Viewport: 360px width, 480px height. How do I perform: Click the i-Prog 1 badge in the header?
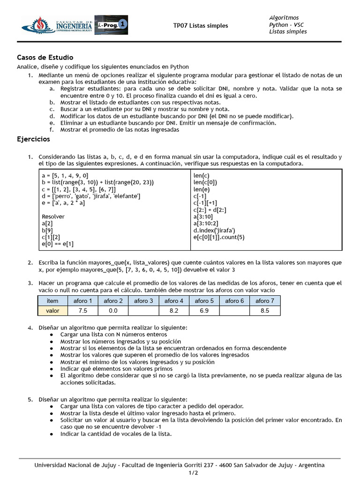coord(111,25)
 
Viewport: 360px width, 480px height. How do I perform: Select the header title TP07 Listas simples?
coord(200,26)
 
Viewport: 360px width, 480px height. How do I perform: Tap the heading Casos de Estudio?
coord(45,58)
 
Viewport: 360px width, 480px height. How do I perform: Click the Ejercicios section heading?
coord(33,139)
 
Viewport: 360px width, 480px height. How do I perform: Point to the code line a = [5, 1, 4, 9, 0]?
coord(65,176)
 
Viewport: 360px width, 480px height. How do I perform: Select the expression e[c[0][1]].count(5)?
coord(219,237)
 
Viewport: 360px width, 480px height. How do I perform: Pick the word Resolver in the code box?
coord(53,217)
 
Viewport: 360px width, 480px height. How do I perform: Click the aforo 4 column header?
coord(174,301)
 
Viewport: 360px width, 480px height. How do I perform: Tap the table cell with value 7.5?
coord(83,311)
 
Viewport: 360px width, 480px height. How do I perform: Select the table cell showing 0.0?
coord(113,311)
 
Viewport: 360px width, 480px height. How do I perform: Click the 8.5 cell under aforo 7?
coord(265,311)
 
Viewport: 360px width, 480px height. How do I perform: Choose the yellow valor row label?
coord(52,311)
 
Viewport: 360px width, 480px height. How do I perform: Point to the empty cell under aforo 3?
coord(143,311)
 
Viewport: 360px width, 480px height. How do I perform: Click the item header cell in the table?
coord(52,301)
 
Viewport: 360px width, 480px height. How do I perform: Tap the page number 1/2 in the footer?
coord(180,472)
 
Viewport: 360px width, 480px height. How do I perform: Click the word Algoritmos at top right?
coord(284,18)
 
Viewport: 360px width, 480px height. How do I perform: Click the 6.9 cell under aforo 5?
coord(204,311)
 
